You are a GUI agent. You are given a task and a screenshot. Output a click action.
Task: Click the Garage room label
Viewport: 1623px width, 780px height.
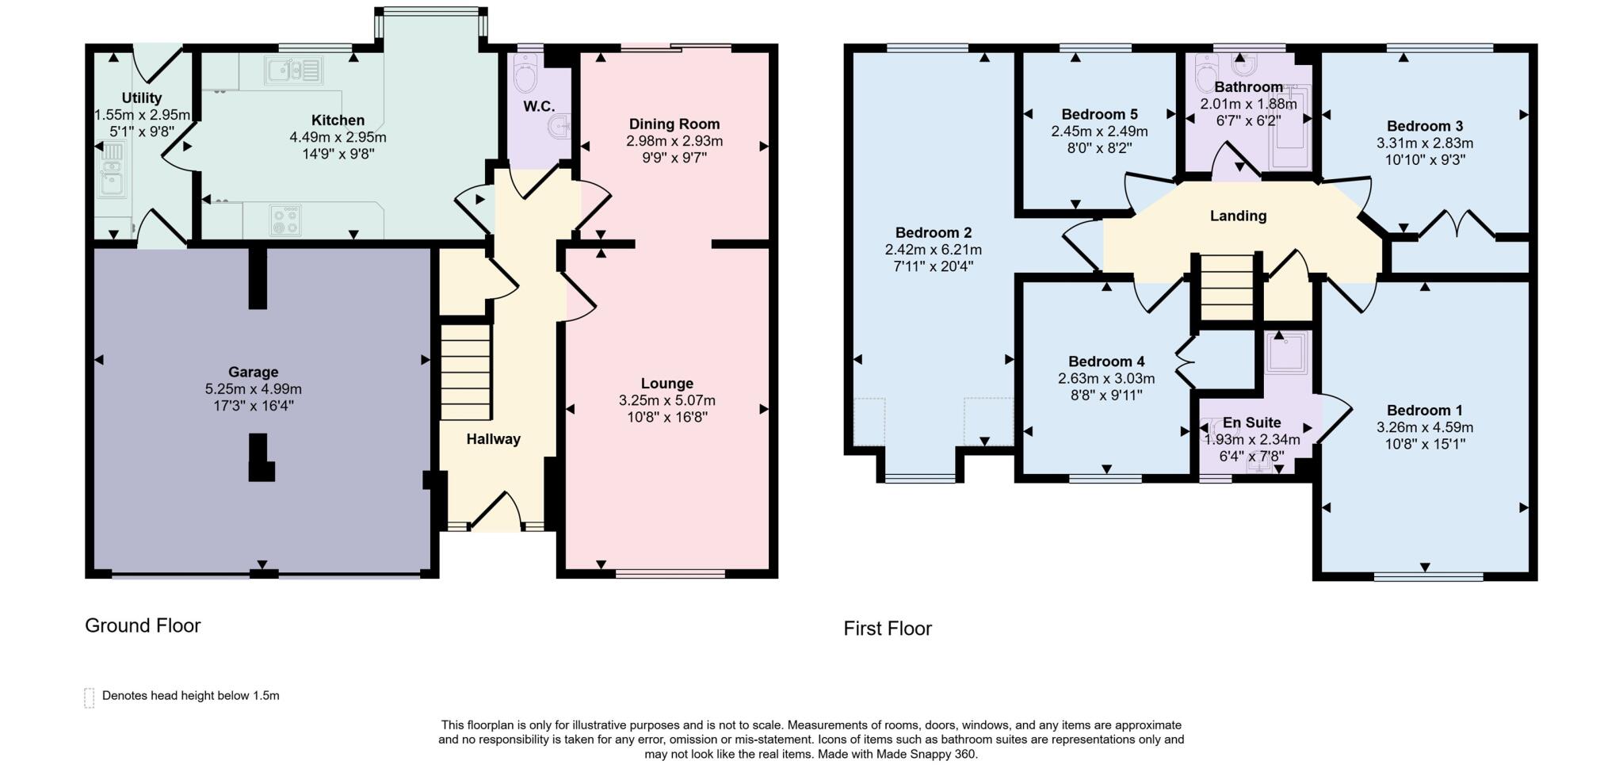click(253, 372)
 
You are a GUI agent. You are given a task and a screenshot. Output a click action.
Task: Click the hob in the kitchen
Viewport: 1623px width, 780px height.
click(285, 220)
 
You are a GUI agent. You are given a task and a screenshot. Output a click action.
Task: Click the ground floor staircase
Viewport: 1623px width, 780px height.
click(465, 370)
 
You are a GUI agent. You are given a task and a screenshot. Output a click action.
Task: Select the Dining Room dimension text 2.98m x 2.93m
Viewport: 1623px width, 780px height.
click(674, 141)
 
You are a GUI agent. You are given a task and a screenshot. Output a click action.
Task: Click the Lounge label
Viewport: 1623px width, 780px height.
click(666, 383)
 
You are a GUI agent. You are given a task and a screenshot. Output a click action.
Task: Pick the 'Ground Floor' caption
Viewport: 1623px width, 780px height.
click(143, 625)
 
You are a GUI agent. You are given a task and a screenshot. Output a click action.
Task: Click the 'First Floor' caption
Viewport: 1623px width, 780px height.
click(887, 629)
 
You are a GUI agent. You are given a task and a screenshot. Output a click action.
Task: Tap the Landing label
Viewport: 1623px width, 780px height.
click(1238, 216)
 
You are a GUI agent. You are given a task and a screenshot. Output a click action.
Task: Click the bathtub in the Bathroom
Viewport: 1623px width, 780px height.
click(1291, 131)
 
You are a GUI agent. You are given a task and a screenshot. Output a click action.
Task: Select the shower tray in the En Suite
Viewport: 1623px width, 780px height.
click(1288, 351)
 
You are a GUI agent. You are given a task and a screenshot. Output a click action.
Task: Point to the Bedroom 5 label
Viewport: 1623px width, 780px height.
click(1099, 114)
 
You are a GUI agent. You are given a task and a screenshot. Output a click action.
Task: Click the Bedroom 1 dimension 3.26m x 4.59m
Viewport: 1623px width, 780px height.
click(1424, 427)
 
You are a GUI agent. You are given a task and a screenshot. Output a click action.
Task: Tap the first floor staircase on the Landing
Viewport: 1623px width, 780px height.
click(1227, 287)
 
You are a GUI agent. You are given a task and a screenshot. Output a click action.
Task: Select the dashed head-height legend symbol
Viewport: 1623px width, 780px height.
click(90, 697)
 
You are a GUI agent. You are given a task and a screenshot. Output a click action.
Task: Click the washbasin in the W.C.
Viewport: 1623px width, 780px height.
click(561, 125)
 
